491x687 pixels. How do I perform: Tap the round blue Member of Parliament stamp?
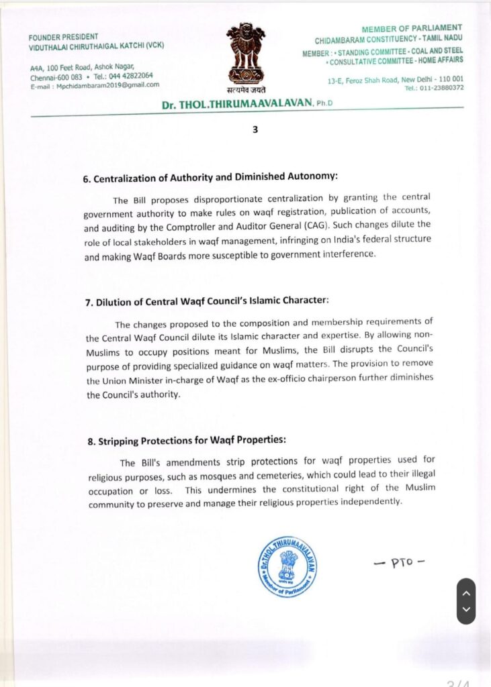click(287, 566)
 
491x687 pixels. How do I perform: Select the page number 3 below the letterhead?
click(255, 129)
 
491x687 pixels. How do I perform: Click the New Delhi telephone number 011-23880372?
click(440, 88)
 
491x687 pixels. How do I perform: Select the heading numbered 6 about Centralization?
click(210, 178)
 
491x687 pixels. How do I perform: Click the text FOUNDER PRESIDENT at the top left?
click(63, 36)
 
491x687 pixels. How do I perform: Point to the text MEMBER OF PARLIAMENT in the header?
click(412, 28)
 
